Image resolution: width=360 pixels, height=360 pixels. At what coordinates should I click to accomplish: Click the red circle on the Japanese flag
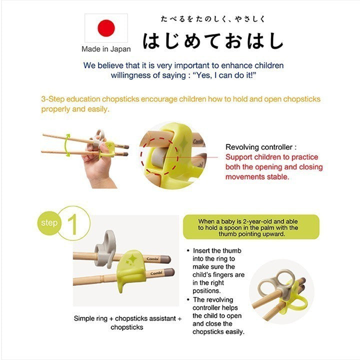tap(106, 28)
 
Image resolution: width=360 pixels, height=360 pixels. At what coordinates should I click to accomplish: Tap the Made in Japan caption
tap(106, 49)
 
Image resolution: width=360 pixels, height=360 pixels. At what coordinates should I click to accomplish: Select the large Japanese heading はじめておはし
tap(213, 41)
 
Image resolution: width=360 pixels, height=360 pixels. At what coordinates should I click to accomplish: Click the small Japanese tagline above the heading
tap(213, 19)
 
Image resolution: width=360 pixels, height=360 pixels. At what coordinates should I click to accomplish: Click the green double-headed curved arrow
tap(67, 145)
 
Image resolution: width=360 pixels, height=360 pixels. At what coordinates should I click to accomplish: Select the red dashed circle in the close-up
tap(159, 156)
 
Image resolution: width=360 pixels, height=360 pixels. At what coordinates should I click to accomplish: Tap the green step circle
tap(48, 222)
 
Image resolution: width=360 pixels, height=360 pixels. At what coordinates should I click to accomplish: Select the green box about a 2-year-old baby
tap(251, 227)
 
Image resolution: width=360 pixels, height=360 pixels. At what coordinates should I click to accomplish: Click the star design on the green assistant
tap(132, 259)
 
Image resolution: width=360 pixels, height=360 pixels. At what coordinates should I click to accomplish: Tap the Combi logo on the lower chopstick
tap(156, 273)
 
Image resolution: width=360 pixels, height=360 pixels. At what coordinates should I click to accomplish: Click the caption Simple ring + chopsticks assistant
tap(127, 318)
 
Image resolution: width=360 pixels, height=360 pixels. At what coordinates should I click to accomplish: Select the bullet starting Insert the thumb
tap(216, 270)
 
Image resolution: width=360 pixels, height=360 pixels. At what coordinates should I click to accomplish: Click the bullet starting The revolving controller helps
tap(216, 315)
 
